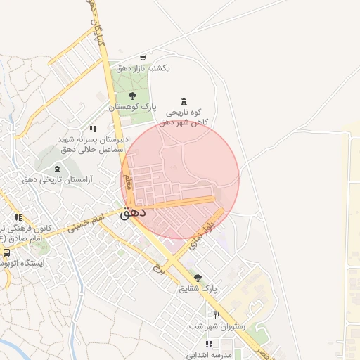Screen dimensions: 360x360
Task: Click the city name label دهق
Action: pyautogui.click(x=132, y=212)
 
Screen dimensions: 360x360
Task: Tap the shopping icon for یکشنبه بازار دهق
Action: pyautogui.click(x=143, y=58)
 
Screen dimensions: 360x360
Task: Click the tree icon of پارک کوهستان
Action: pyautogui.click(x=133, y=95)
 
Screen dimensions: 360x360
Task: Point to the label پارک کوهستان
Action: pyautogui.click(x=132, y=106)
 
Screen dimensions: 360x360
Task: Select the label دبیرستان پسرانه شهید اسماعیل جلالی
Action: pyautogui.click(x=92, y=144)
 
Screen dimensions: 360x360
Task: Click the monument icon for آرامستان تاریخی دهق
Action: pyautogui.click(x=57, y=169)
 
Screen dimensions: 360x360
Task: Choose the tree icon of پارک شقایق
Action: pyautogui.click(x=198, y=278)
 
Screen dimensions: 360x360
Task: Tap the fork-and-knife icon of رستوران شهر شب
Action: pyautogui.click(x=217, y=315)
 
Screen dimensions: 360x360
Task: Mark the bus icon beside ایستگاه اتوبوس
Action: pyautogui.click(x=6, y=252)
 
